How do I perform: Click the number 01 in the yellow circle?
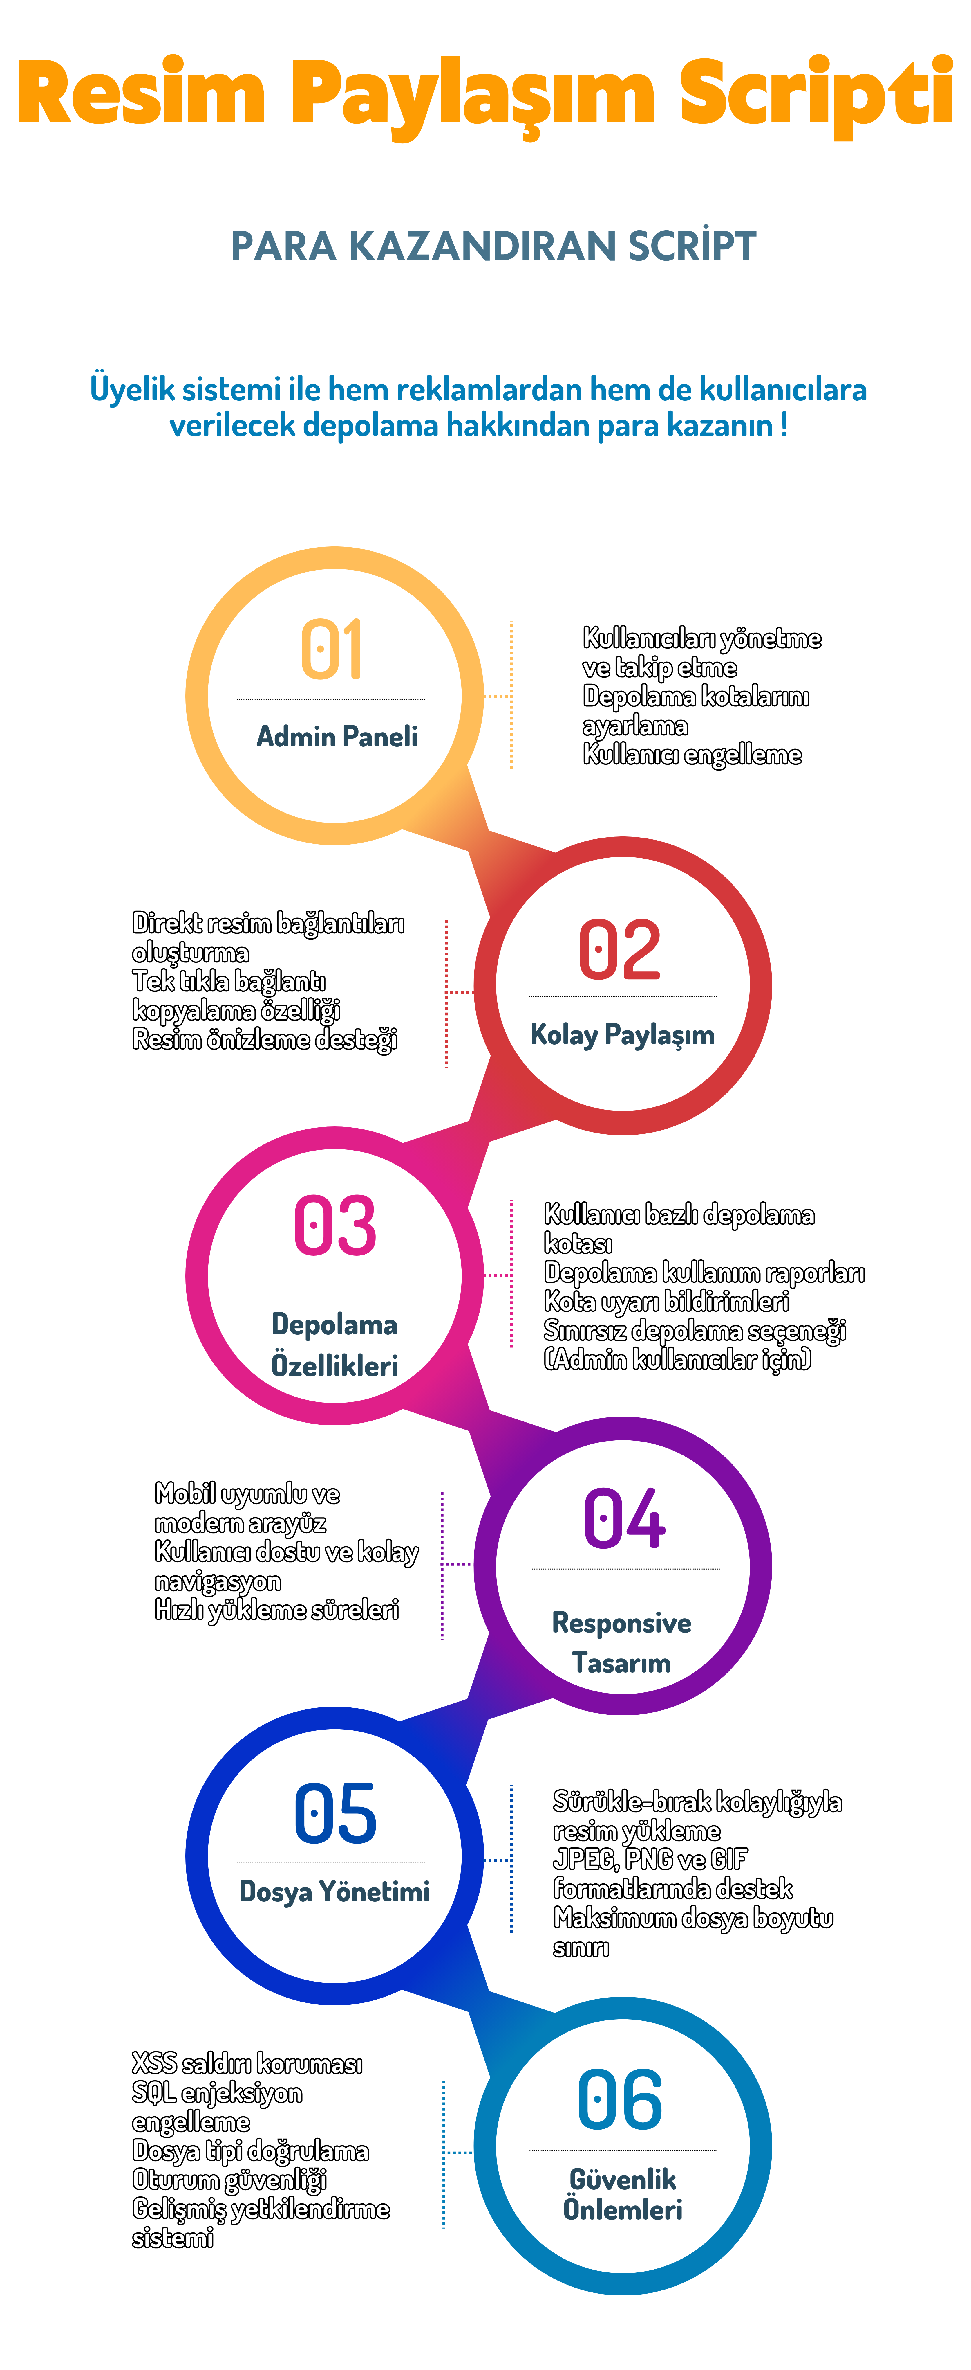[x=332, y=649]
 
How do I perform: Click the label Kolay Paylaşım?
[x=623, y=1035]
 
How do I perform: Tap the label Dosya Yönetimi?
[x=335, y=1892]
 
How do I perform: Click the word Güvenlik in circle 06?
[x=623, y=2180]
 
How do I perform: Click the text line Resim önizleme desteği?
[x=265, y=1040]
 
